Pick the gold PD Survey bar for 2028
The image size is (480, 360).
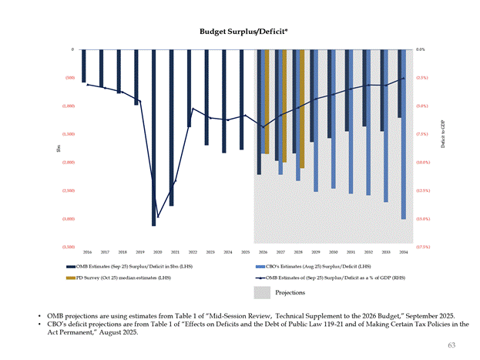(x=303, y=108)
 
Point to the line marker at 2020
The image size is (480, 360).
(x=158, y=217)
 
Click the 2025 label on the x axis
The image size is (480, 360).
(x=245, y=252)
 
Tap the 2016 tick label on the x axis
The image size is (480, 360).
(x=87, y=252)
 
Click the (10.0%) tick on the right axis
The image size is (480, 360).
(x=422, y=163)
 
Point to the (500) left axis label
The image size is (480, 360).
(x=69, y=78)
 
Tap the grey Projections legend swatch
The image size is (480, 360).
(x=263, y=292)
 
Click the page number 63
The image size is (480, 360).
(x=451, y=345)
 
